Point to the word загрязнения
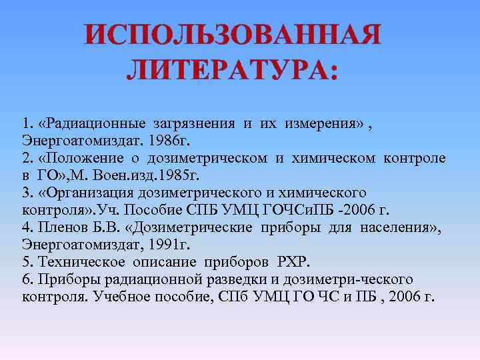coord(193,123)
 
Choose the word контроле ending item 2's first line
coord(415,158)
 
